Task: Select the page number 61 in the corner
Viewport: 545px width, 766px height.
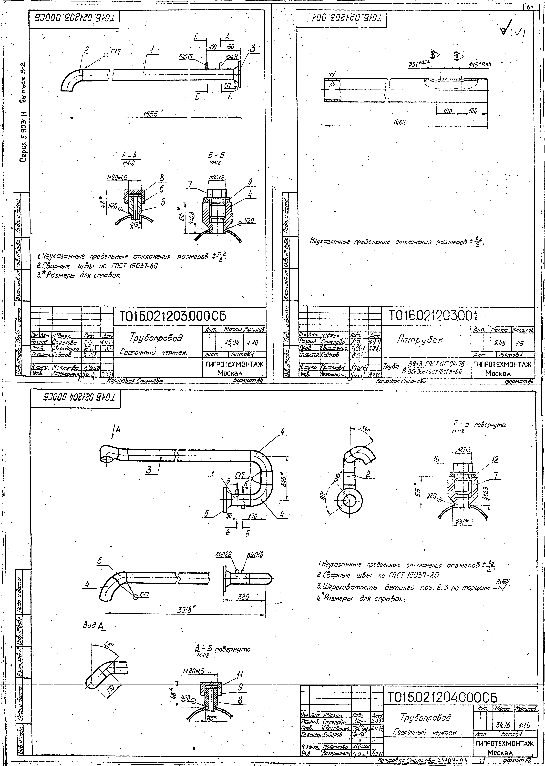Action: pos(530,7)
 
